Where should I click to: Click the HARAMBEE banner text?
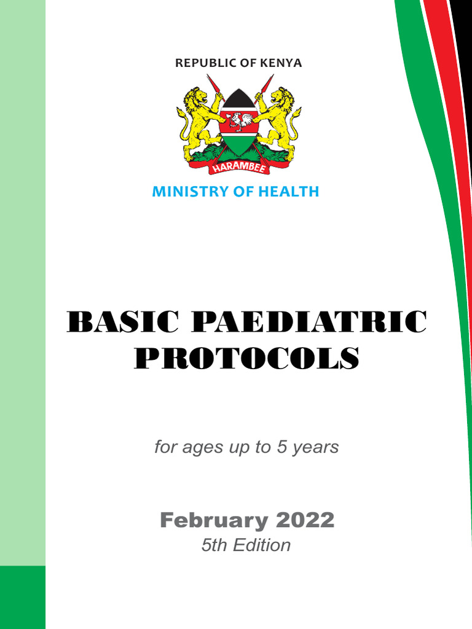point(239,168)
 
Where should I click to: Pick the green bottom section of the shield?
point(239,144)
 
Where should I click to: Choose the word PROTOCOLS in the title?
point(246,358)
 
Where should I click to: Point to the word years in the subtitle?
point(316,448)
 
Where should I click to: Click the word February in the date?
point(214,521)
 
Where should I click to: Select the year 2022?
point(305,521)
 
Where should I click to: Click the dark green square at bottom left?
point(23,597)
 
